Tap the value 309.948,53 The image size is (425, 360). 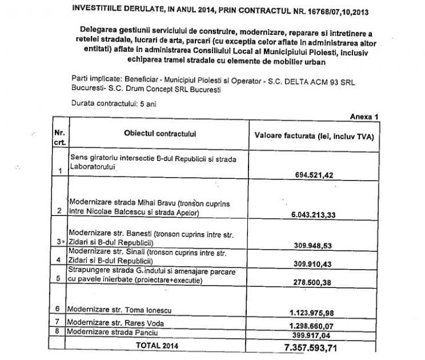point(319,244)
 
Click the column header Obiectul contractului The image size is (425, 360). point(156,135)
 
